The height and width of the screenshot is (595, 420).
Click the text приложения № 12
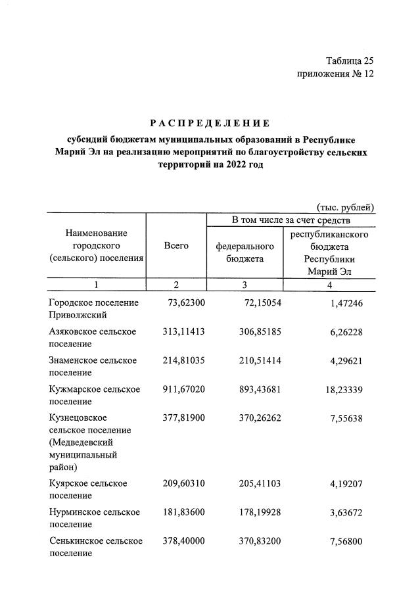[335, 74]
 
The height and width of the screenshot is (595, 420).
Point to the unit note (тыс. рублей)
[346, 207]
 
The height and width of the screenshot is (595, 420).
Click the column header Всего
[176, 246]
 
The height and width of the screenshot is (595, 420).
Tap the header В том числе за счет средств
[290, 219]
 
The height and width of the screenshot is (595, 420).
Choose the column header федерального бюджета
[245, 252]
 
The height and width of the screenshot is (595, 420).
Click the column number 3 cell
[245, 285]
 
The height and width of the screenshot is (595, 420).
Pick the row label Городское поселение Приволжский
[93, 308]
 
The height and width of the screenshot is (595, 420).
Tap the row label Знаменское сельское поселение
[93, 366]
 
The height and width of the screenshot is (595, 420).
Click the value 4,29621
[346, 360]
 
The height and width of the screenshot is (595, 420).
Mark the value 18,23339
[343, 389]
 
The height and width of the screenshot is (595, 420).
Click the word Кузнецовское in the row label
[78, 418]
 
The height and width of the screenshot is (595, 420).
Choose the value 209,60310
[183, 483]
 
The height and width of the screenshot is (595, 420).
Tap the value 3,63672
[346, 512]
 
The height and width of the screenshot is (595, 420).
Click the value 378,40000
[183, 541]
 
